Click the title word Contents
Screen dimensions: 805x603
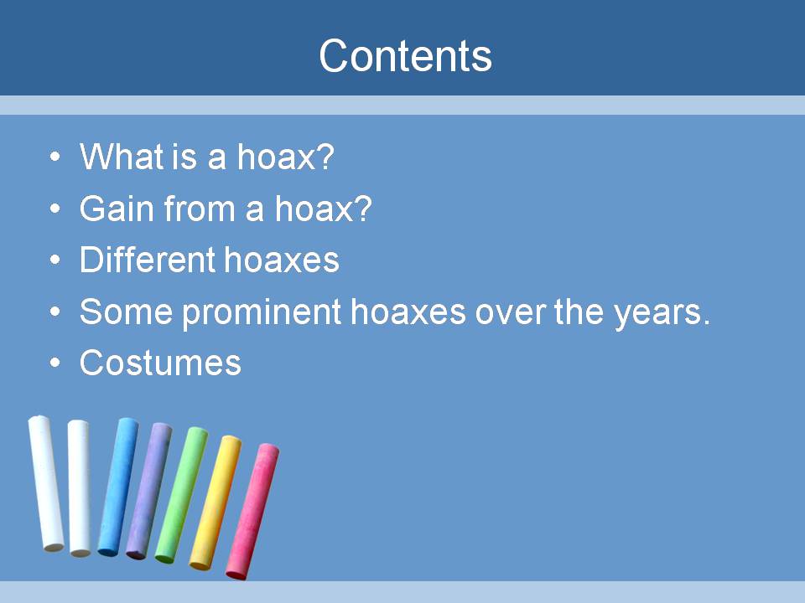pyautogui.click(x=405, y=55)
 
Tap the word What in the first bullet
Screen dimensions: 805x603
pyautogui.click(x=121, y=156)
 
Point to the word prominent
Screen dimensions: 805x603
pyautogui.click(x=262, y=312)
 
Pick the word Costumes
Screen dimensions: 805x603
pyautogui.click(x=160, y=363)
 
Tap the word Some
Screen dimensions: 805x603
pyautogui.click(x=127, y=312)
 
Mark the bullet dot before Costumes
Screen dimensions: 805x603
pyautogui.click(x=55, y=363)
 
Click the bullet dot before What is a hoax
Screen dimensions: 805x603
pyautogui.click(x=55, y=156)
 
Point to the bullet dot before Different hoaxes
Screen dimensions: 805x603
pyautogui.click(x=55, y=260)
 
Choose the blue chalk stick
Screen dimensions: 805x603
pyautogui.click(x=118, y=487)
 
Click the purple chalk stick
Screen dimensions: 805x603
pyautogui.click(x=149, y=491)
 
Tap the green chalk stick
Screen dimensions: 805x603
pyautogui.click(x=182, y=494)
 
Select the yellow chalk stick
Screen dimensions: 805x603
pyautogui.click(x=216, y=502)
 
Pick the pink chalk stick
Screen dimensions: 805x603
pyautogui.click(x=253, y=511)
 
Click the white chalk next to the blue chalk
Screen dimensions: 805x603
pyautogui.click(x=80, y=487)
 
